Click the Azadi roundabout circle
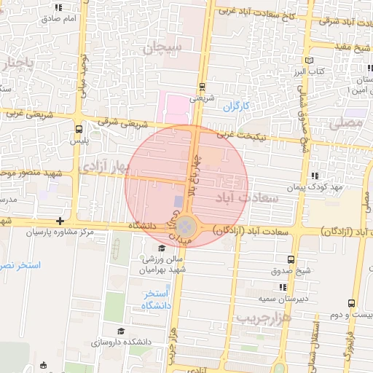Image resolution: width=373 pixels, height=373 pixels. [x=186, y=227]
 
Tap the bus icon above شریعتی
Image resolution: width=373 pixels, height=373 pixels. [x=202, y=85]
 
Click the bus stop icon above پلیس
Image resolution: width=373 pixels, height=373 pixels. [x=79, y=127]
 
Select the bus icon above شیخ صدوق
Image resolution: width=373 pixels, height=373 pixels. [x=291, y=259]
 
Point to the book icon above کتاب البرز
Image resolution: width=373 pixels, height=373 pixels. [x=312, y=61]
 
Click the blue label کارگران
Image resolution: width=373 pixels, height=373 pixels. [x=236, y=106]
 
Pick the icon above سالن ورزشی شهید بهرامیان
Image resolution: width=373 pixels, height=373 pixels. [x=162, y=248]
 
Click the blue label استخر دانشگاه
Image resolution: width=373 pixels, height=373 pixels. [x=157, y=299]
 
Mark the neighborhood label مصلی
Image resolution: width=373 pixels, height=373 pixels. [x=345, y=123]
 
